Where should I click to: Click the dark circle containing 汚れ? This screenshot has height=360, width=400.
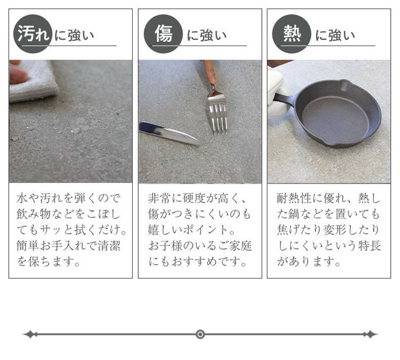click(32, 34)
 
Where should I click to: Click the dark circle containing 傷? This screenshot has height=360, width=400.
click(163, 34)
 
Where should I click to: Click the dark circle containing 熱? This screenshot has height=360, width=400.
click(291, 34)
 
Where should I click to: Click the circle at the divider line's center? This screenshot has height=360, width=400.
click(200, 334)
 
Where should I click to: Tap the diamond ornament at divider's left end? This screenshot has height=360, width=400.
click(30, 334)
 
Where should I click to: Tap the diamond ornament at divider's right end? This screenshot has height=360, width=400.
click(371, 334)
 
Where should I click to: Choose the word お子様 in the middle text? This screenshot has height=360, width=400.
click(166, 246)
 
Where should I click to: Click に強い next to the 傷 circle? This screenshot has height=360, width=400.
click(207, 35)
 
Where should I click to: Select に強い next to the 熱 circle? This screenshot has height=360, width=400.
click(335, 35)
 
